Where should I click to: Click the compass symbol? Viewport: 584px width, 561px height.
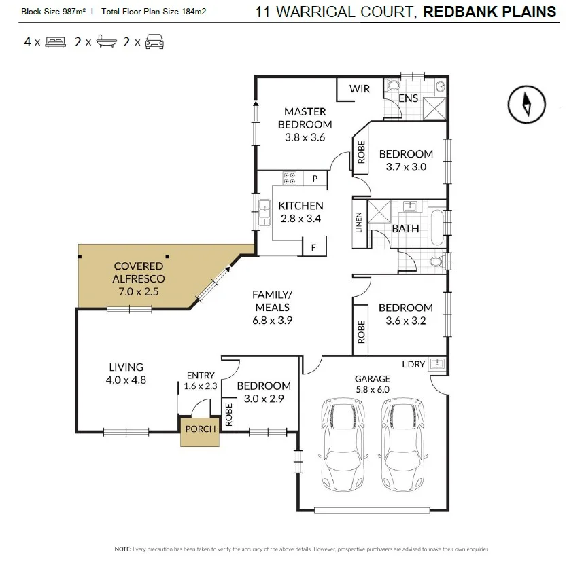pos(526,105)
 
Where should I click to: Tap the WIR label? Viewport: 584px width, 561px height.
pos(360,89)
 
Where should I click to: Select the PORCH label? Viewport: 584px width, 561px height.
pos(201,429)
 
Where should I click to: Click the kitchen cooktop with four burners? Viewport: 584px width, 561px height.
pos(290,178)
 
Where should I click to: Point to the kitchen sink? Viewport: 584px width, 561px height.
pos(264,213)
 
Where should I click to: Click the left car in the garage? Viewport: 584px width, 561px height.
pos(343,445)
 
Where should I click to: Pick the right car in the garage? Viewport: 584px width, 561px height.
pos(403,445)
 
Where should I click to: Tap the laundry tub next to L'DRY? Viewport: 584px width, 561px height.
pos(437,363)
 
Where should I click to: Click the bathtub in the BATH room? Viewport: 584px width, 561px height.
pos(438,228)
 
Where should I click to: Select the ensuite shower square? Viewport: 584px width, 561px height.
pos(434,109)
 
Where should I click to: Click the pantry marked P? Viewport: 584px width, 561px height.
pos(315,179)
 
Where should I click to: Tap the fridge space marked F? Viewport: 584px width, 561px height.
pos(314,247)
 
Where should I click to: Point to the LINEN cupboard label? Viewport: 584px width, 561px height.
pos(359,223)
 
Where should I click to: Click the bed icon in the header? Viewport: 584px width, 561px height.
pos(56,42)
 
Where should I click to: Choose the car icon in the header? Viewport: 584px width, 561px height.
pos(154,41)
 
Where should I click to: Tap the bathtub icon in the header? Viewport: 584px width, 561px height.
pos(106,41)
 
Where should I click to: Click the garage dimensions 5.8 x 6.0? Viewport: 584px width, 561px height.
pos(373,389)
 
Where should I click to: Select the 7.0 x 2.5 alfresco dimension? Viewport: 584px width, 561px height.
pos(139,291)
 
